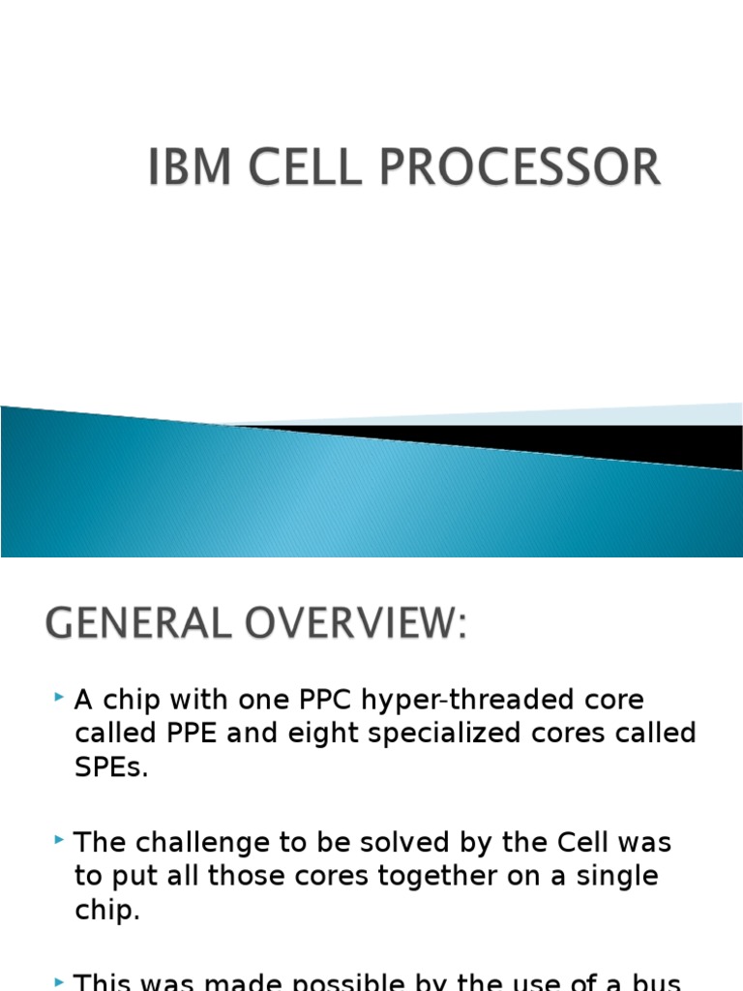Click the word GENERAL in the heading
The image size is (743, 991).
(138, 624)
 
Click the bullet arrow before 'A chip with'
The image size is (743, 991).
(60, 697)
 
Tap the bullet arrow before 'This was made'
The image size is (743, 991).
(60, 980)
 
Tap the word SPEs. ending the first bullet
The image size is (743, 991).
(112, 769)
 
